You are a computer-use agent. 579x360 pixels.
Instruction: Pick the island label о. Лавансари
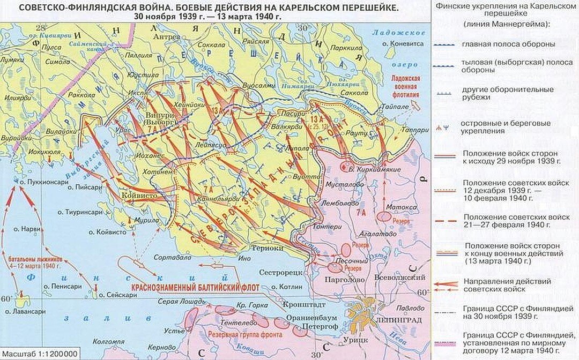[x=22, y=311]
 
